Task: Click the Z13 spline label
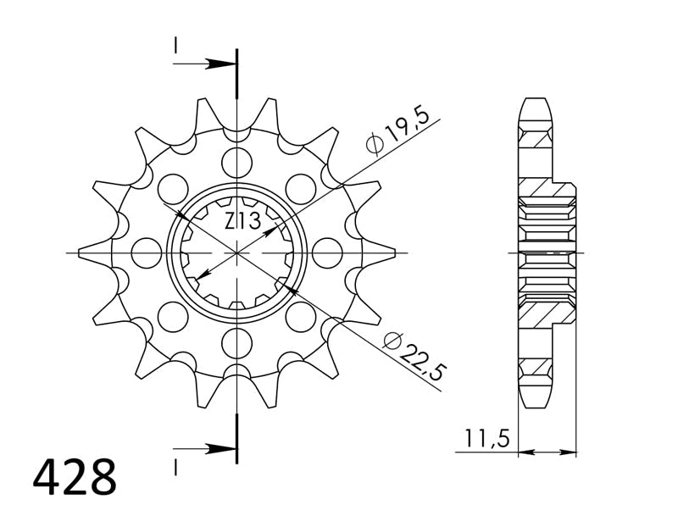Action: (242, 222)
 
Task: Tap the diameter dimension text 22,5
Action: (423, 357)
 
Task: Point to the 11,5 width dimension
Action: (486, 439)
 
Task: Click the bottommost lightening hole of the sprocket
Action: (237, 343)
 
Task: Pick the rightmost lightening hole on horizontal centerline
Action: (327, 252)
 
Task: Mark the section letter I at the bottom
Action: (176, 465)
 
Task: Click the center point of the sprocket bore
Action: (237, 252)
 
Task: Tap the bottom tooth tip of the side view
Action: (535, 401)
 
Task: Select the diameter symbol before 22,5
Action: (391, 340)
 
